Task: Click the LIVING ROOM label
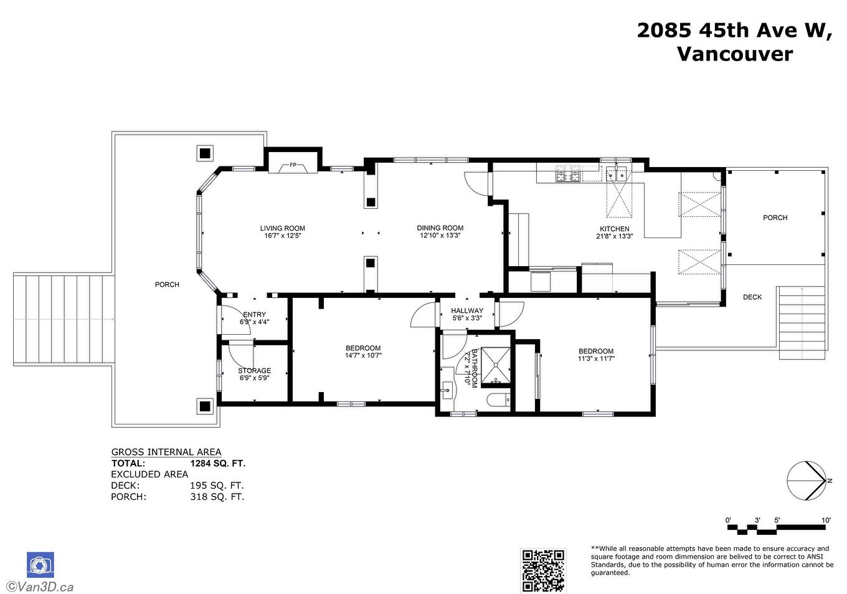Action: (x=282, y=228)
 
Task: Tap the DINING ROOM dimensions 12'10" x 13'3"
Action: (x=440, y=236)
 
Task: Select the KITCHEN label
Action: (x=614, y=229)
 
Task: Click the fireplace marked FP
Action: (x=293, y=166)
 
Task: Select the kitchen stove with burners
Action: (x=567, y=173)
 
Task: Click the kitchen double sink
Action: (x=617, y=173)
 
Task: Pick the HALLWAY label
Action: (x=466, y=310)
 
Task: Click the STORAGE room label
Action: (x=254, y=370)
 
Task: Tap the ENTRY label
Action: (x=254, y=314)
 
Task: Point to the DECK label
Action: (x=752, y=297)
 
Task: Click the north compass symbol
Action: (x=808, y=481)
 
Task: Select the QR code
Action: (x=543, y=570)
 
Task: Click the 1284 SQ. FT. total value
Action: (x=217, y=463)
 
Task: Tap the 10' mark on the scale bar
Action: (x=826, y=520)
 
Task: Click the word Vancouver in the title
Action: (x=734, y=54)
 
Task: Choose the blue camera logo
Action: (x=40, y=565)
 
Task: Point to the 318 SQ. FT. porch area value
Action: (x=217, y=497)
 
